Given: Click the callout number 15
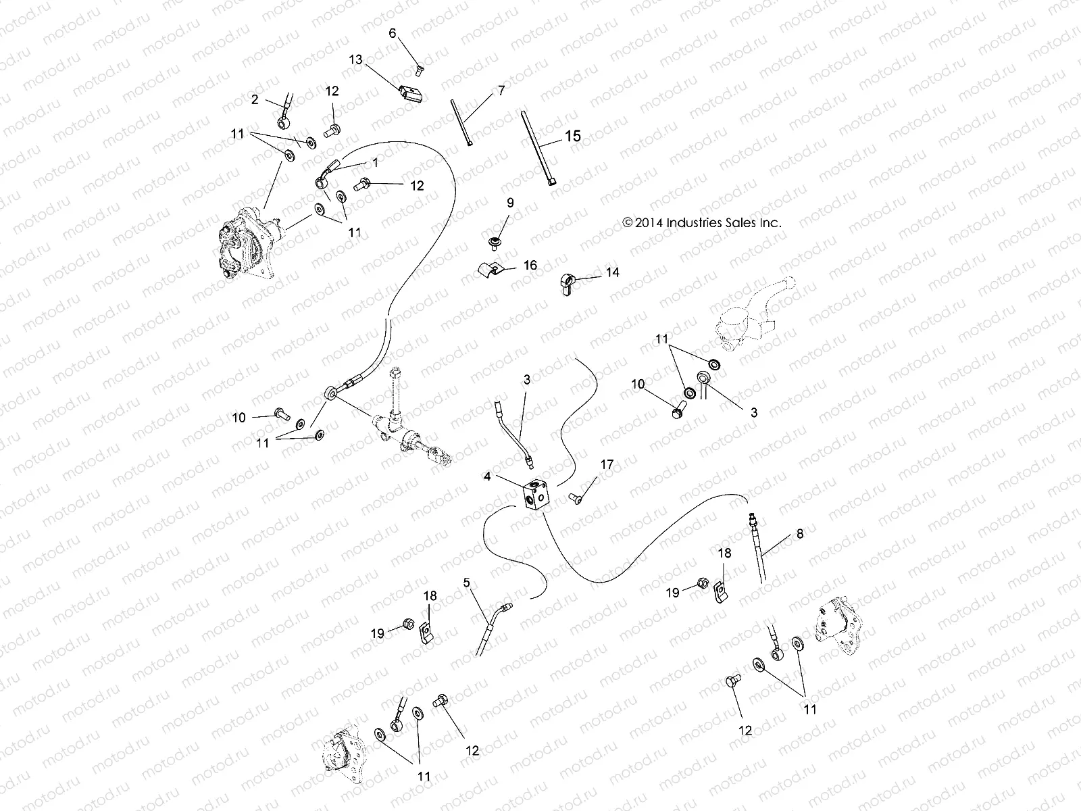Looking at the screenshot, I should coord(572,136).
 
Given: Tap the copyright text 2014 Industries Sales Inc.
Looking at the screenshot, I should coord(702,222).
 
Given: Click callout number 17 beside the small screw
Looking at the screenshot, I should coord(607,464).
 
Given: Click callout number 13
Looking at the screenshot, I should coord(355,60).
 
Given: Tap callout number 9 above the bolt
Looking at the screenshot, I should coord(510,202).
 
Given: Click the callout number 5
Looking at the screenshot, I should coord(466,581).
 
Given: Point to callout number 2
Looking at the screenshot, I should coord(255,99).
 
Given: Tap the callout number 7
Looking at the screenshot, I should coord(501,90).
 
